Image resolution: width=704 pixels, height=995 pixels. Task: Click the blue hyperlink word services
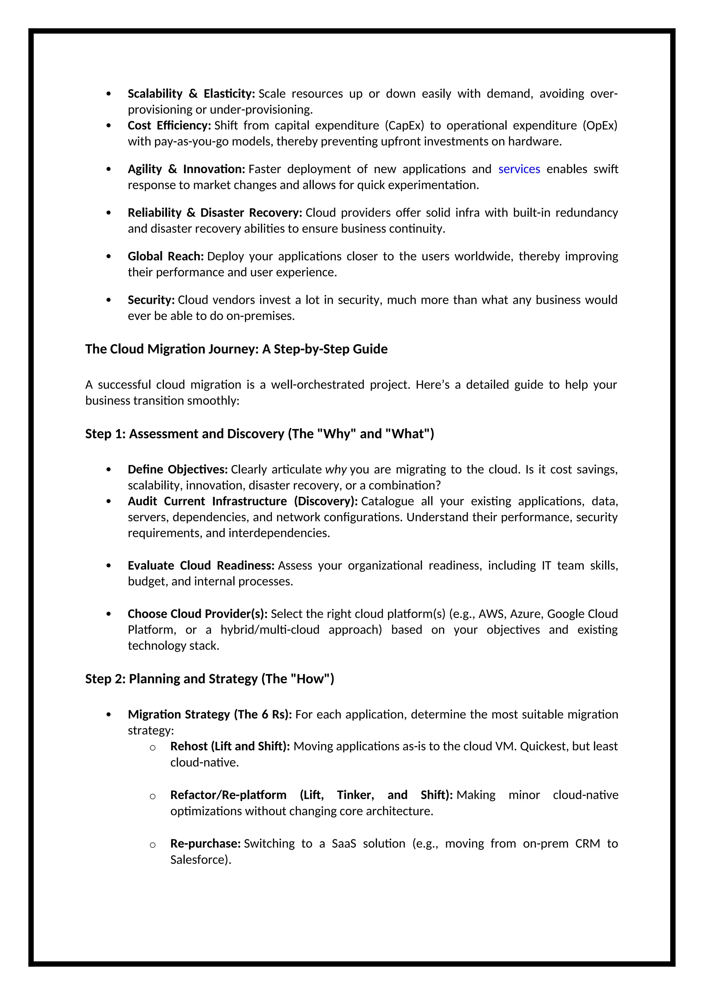coord(519,169)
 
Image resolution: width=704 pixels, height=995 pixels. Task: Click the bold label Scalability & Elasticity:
coord(191,93)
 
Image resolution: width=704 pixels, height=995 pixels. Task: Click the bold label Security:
coord(151,300)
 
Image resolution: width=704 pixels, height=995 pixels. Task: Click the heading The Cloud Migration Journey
coord(236,349)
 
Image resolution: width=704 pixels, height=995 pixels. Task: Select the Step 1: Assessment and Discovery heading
coord(259,434)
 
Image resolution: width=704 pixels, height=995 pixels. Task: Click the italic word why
coord(336,470)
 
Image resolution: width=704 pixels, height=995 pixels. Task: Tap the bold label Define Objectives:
coord(178,469)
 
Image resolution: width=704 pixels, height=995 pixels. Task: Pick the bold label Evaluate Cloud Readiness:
coord(201,566)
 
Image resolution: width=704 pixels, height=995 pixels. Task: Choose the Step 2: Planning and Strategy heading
coord(209,679)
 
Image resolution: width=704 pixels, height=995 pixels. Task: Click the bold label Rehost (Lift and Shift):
coord(230,746)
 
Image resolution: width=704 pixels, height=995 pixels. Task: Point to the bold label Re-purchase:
coord(205,843)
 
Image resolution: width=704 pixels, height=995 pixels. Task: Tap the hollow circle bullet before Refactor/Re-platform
coord(153,796)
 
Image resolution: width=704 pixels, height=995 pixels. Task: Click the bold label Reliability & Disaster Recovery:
coord(214,213)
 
